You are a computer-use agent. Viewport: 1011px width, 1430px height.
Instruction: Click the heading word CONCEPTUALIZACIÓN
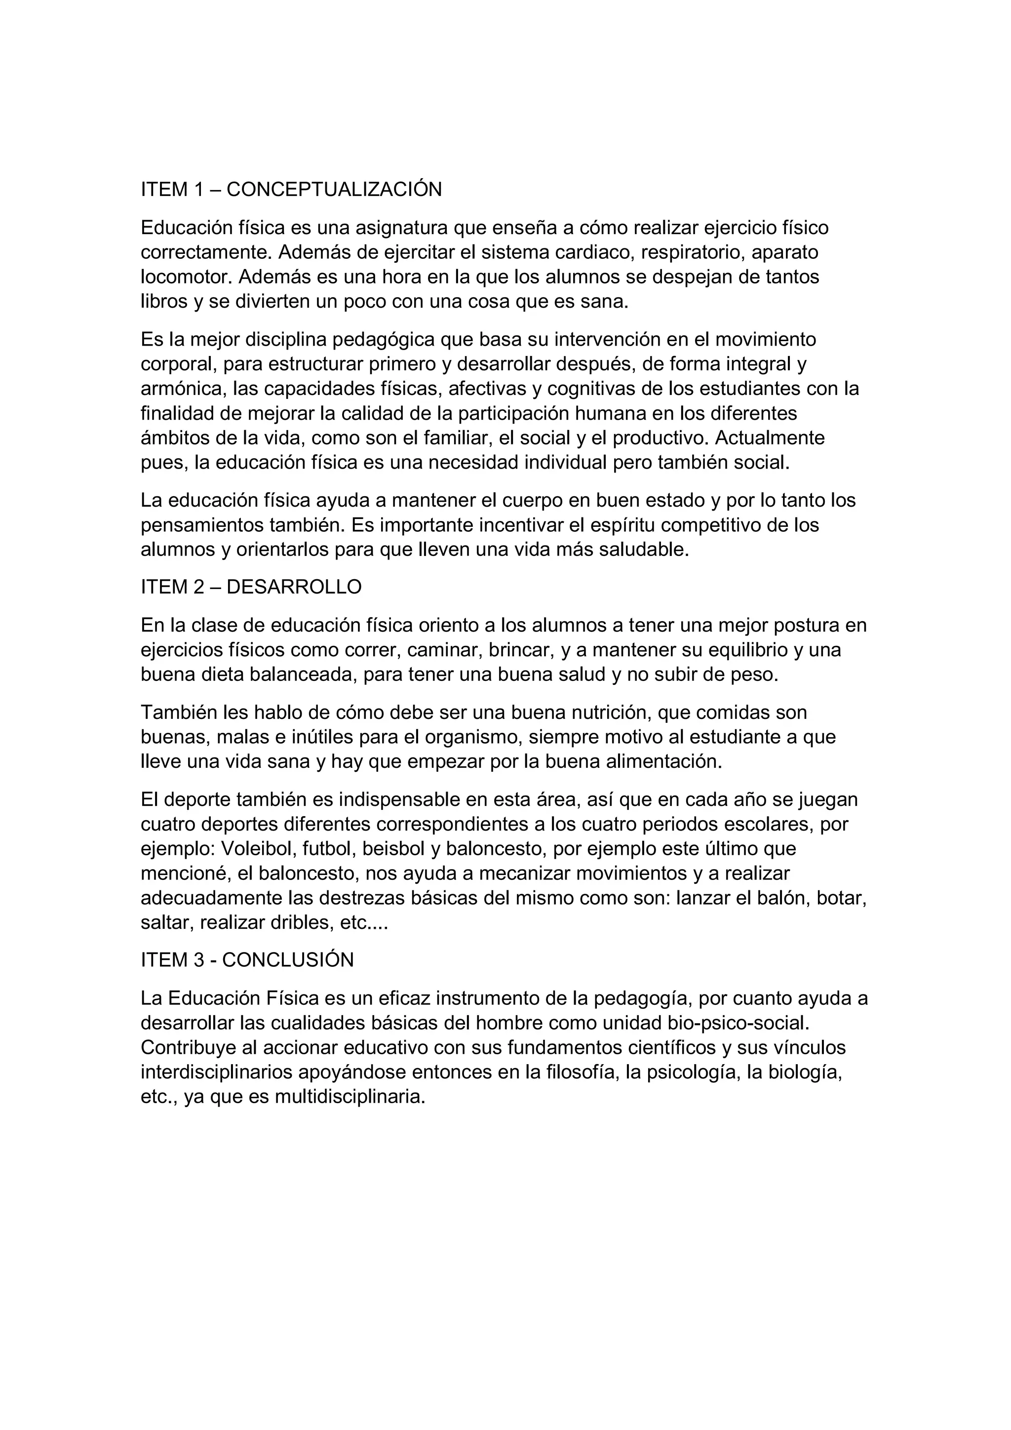point(334,189)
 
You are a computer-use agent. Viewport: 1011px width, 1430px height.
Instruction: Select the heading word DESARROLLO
point(294,587)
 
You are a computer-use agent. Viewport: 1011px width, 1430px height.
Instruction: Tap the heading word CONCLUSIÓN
point(288,960)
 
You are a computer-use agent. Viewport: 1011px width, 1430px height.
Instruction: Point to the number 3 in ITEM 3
point(198,960)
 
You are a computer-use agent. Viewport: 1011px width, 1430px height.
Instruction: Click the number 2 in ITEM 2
point(198,587)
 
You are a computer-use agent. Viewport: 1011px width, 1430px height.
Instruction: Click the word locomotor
point(186,277)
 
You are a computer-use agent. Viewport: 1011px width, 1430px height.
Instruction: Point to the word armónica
point(181,389)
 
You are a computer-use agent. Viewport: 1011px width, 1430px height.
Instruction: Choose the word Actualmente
point(770,438)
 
